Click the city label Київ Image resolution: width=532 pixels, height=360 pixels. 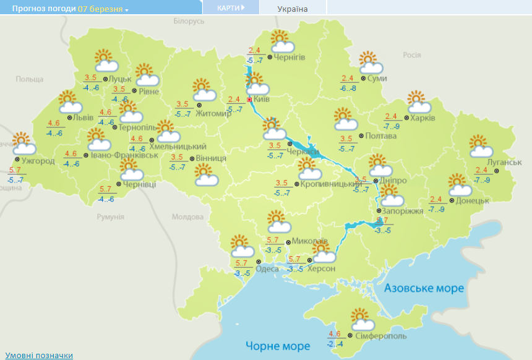click(262, 99)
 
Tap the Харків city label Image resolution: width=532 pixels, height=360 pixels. click(424, 118)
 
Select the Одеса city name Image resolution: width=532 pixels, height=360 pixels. click(267, 268)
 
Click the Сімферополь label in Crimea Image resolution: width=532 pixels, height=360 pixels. click(381, 335)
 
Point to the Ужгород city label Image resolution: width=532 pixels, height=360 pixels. click(38, 161)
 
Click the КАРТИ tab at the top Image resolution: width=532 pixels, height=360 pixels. click(231, 8)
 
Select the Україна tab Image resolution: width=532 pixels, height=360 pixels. click(293, 9)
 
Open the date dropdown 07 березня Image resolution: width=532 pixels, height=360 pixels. click(103, 9)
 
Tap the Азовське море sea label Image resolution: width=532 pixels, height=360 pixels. click(424, 288)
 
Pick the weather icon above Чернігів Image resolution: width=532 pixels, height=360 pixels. click(281, 41)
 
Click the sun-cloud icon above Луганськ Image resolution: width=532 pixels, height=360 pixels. click(481, 147)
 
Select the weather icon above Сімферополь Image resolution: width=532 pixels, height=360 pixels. click(362, 320)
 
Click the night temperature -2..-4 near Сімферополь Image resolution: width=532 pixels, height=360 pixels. click(335, 344)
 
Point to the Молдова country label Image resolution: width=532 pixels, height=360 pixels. click(187, 217)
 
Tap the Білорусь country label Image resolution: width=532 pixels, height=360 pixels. click(189, 21)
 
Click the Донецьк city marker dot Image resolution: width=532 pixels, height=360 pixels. click(452, 200)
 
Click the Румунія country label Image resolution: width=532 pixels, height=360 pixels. click(111, 216)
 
